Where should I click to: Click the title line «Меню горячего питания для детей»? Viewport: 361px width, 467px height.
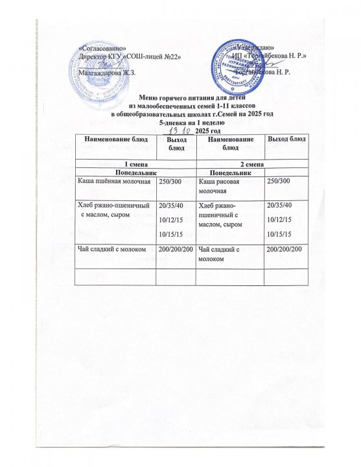180,97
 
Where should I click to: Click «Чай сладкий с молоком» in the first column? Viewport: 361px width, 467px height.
113,248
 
